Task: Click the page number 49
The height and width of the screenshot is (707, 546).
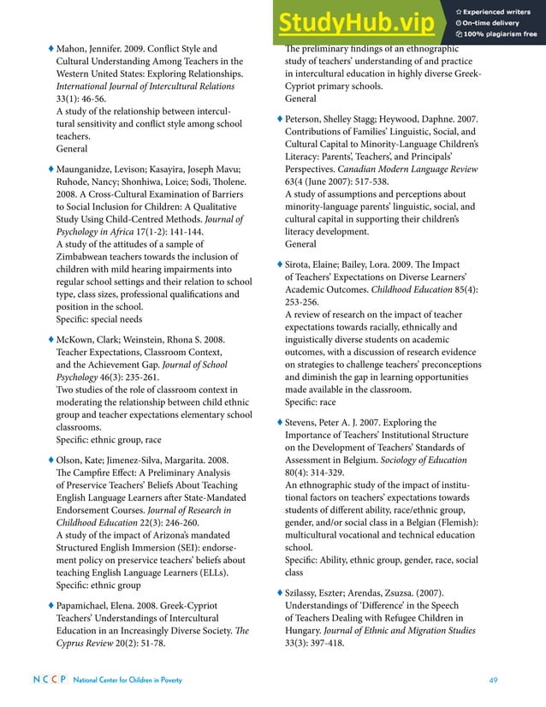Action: click(x=493, y=680)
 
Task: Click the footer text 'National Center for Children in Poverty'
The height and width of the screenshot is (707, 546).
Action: click(x=128, y=680)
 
